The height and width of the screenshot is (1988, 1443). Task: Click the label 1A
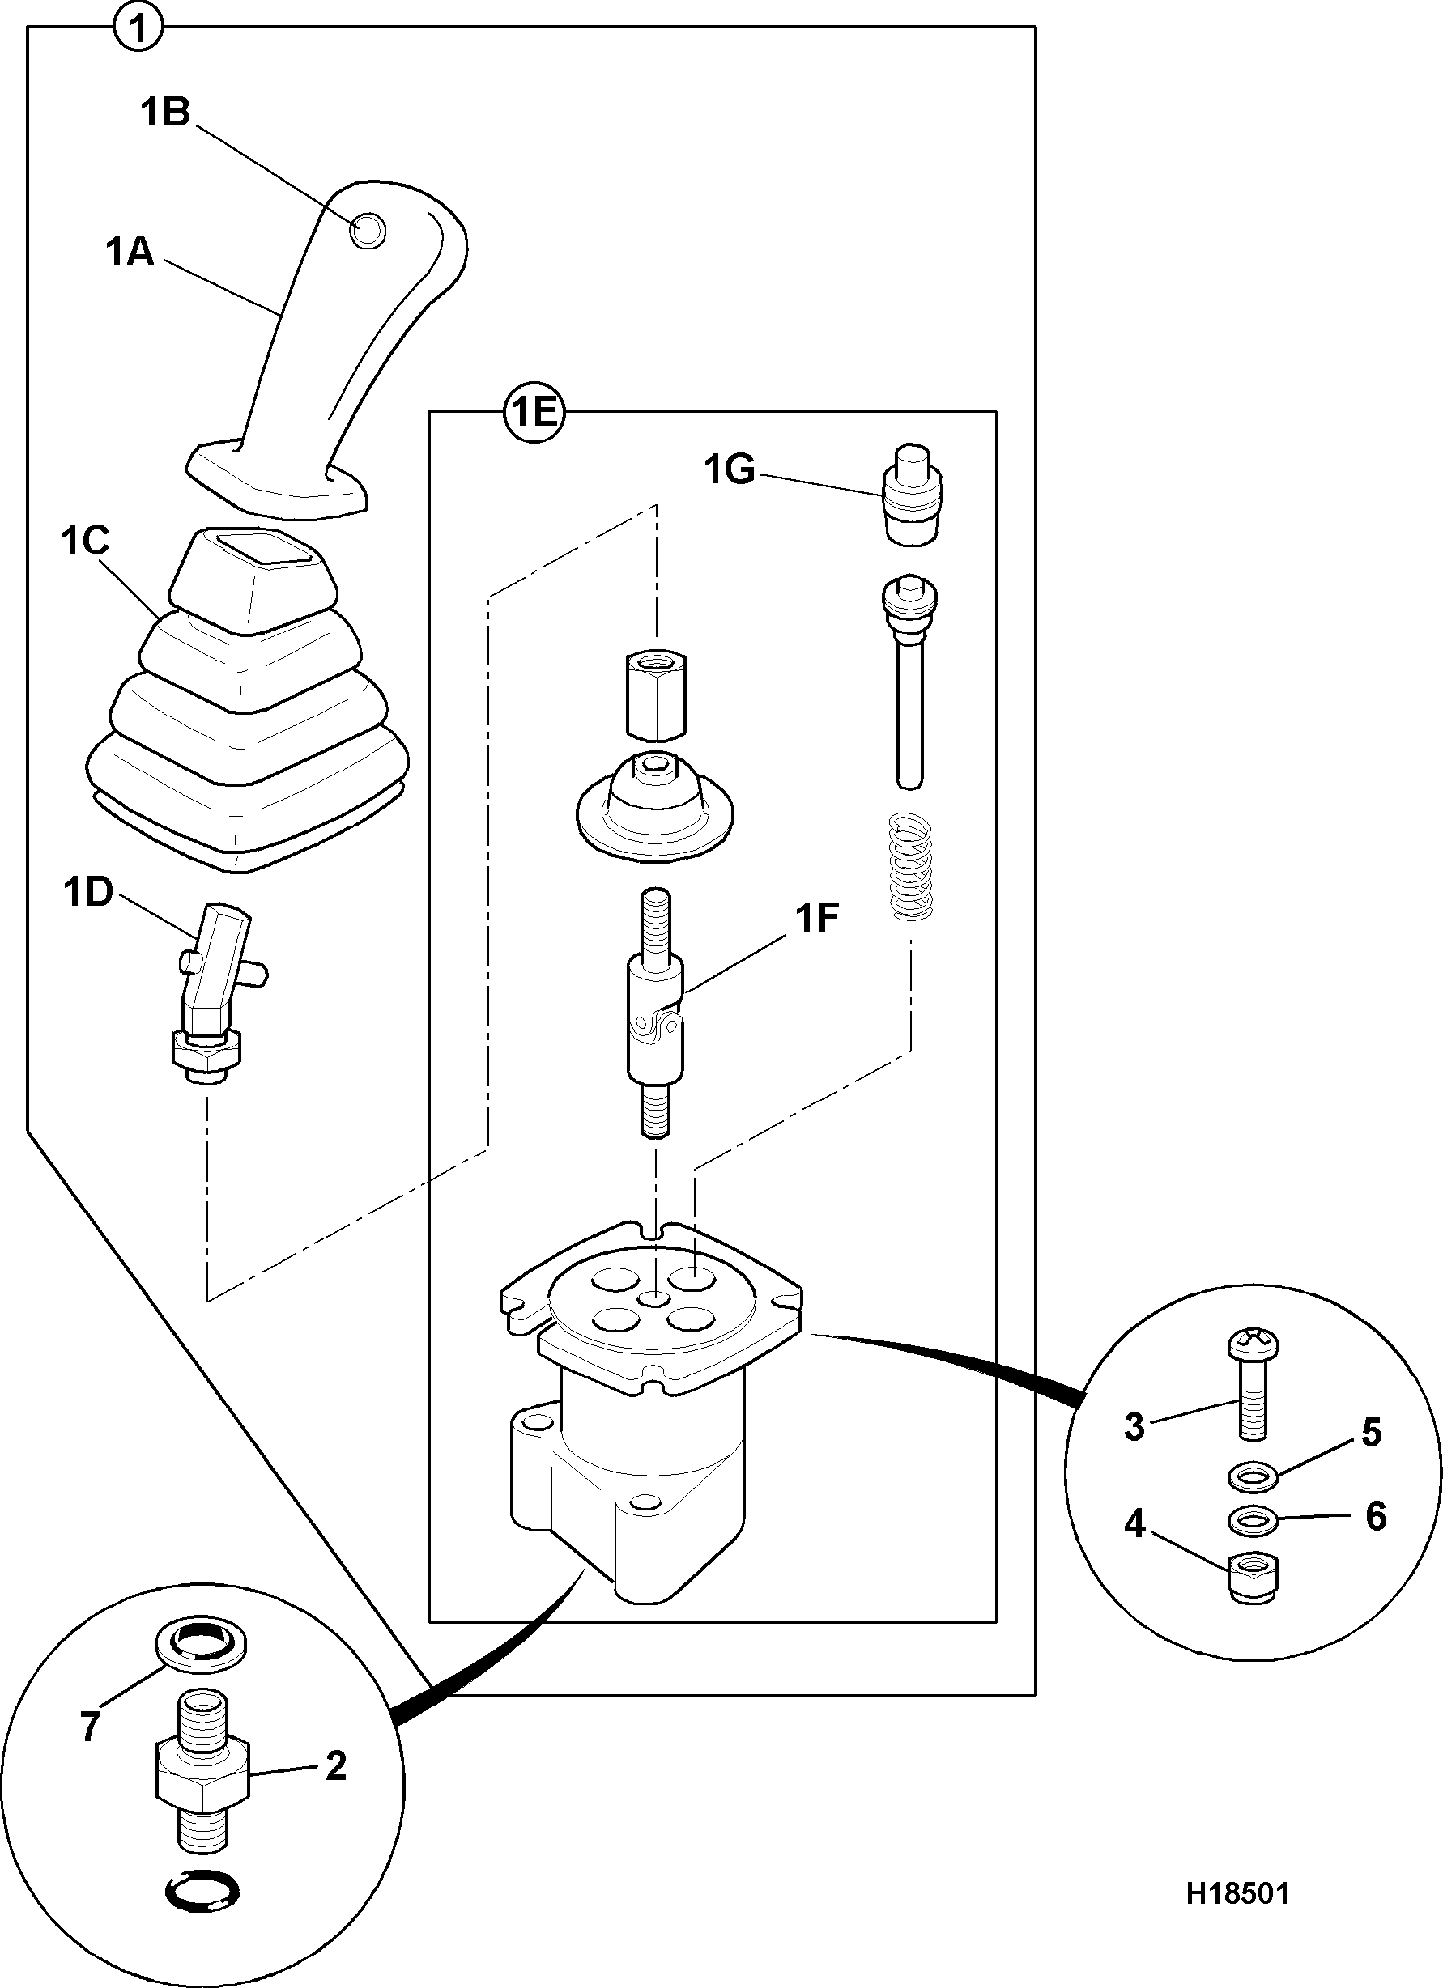point(130,253)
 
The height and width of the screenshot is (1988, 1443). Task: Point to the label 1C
point(86,541)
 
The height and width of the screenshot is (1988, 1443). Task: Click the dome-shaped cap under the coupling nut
point(654,804)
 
